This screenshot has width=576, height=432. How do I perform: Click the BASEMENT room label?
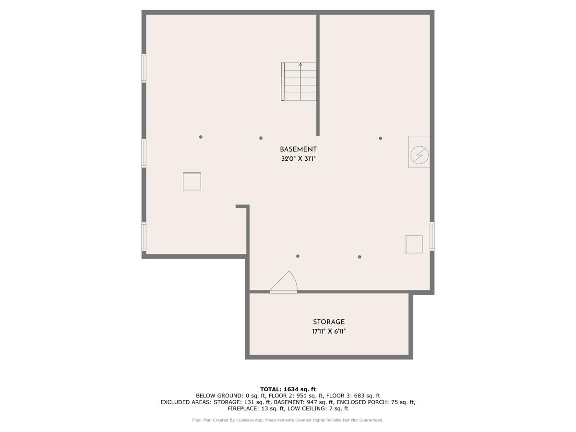pos(298,149)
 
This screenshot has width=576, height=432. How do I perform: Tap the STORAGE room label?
pos(329,322)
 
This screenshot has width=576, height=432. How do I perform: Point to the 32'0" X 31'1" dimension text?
pos(298,159)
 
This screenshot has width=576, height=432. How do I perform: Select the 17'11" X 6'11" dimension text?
pos(329,331)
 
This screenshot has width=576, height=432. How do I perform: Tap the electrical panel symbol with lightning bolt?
pos(419,154)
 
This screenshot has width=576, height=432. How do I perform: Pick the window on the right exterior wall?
pos(432,236)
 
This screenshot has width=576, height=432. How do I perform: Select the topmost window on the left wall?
pos(144,68)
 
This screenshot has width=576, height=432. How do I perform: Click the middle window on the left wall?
pos(144,153)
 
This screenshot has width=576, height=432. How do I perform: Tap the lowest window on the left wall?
pos(144,236)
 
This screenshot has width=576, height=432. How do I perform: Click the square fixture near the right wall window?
pos(413,244)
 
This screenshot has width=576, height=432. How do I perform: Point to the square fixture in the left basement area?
pos(192,181)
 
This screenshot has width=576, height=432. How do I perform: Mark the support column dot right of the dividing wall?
pos(380,138)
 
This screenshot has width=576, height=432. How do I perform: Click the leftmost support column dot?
pos(201,137)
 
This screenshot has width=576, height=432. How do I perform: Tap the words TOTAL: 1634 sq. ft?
pos(288,389)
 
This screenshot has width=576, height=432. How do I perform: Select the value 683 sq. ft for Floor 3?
pos(364,396)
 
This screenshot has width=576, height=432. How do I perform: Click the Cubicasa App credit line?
pos(288,420)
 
